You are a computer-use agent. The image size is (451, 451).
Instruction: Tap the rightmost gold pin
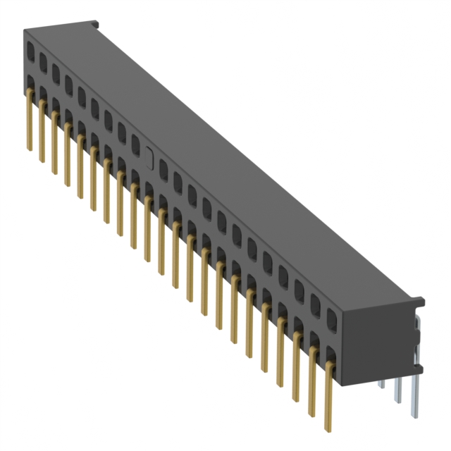point(328,395)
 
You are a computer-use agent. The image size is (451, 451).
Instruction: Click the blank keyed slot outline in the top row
point(149,156)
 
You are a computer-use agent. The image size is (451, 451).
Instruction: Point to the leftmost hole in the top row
point(31,50)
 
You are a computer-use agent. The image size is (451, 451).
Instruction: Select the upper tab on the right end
point(418,302)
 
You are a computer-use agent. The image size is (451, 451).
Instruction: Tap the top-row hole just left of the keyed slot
point(135,144)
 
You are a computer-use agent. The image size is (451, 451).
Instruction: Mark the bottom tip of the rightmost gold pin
point(328,428)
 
